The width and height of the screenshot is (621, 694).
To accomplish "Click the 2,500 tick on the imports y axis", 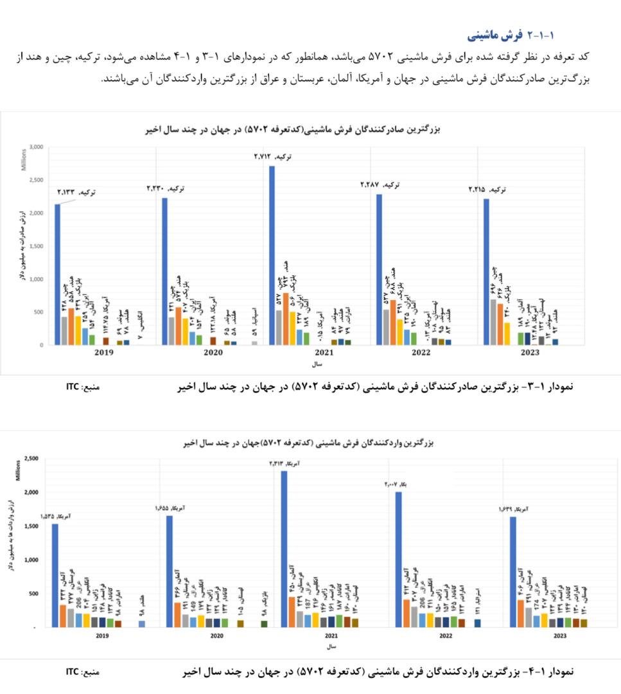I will point(30,459).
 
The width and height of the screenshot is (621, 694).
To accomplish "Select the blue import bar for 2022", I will point(398,559).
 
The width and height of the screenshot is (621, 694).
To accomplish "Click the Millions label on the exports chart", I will point(23,159).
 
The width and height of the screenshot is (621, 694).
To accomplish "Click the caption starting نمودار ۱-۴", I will point(379,672).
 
